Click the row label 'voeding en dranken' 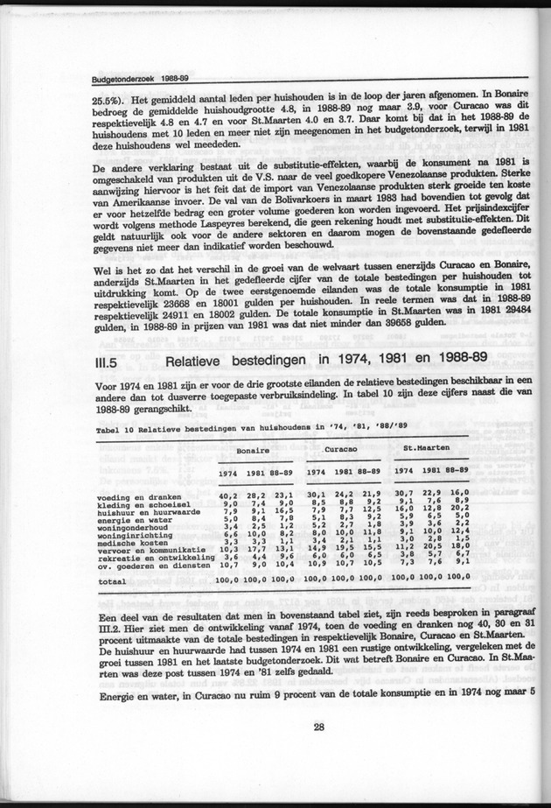click(135, 497)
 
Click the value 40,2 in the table click(229, 496)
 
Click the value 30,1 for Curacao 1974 click(315, 495)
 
